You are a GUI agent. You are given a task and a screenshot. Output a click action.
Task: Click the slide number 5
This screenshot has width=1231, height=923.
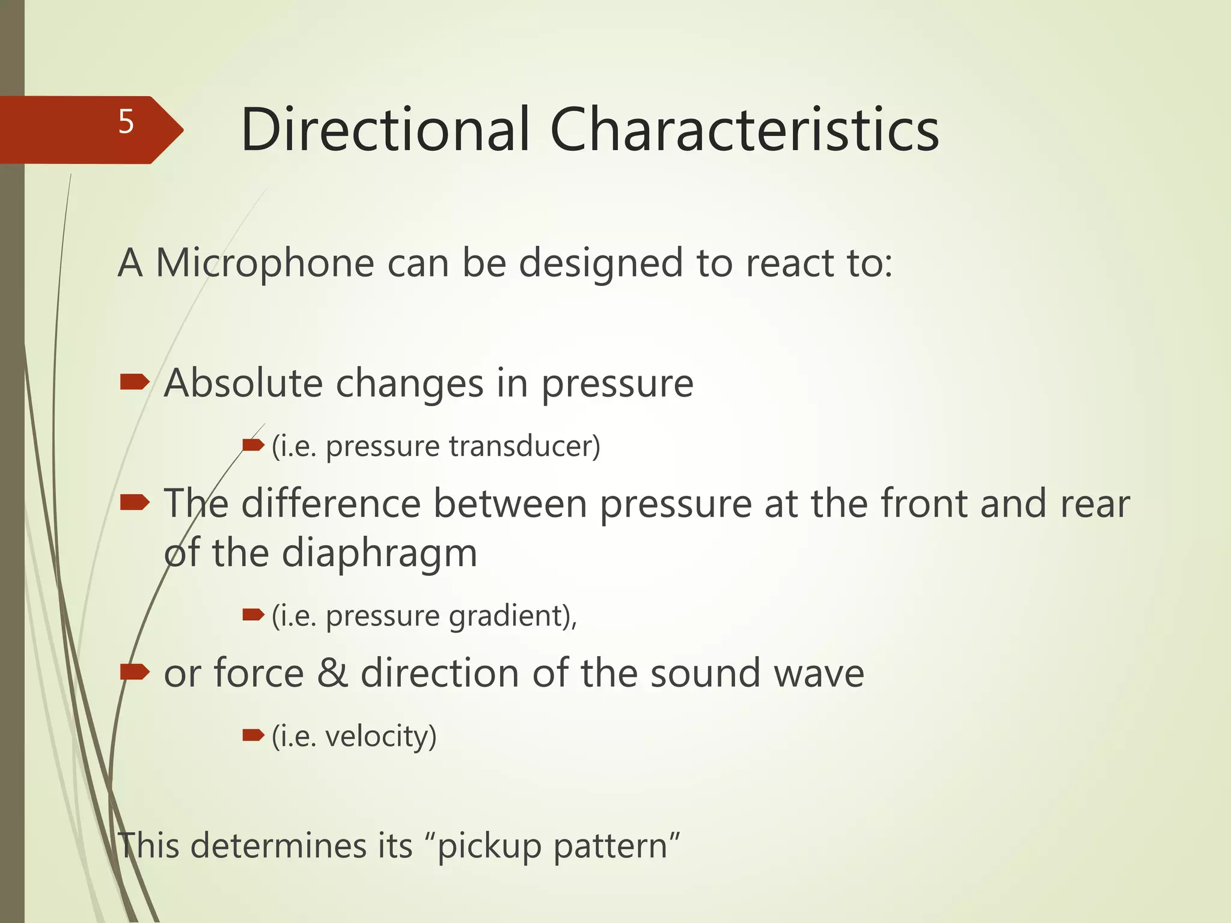(x=126, y=123)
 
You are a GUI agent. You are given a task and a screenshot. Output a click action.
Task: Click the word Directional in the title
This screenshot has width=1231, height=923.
(x=385, y=130)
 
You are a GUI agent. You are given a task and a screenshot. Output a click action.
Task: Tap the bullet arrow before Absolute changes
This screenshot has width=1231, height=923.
(x=135, y=382)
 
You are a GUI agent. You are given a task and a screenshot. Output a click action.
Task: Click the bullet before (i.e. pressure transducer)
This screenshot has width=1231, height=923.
(x=253, y=445)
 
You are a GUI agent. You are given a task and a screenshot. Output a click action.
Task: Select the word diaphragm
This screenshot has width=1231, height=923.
(x=379, y=553)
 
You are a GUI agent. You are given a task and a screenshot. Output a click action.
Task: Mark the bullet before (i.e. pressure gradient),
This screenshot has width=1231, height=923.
(x=253, y=614)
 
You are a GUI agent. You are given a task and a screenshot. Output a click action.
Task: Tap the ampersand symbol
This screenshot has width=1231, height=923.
(x=332, y=673)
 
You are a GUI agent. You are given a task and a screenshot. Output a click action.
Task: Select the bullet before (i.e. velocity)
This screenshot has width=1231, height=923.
(x=253, y=735)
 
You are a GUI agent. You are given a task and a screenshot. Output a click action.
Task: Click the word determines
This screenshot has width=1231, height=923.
(x=301, y=845)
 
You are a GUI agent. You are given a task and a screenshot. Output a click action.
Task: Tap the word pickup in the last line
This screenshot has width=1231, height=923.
(x=490, y=847)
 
